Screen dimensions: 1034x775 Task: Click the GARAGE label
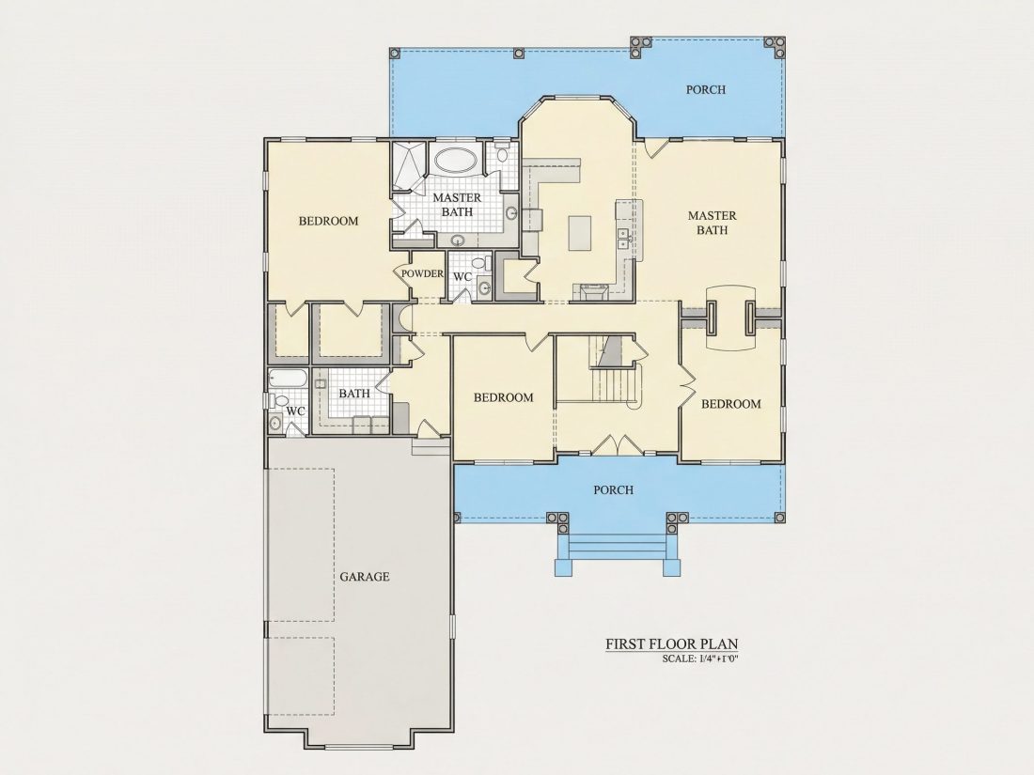(x=365, y=577)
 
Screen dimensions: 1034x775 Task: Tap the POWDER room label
(x=422, y=273)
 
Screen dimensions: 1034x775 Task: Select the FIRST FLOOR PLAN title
(x=672, y=643)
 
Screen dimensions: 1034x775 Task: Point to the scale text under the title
(x=699, y=659)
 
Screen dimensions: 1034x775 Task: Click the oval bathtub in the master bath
(x=456, y=160)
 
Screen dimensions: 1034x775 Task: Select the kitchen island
(x=580, y=233)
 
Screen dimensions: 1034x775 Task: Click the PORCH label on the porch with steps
(x=613, y=490)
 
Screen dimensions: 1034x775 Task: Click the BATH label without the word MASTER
(x=354, y=394)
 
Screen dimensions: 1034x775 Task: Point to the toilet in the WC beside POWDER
(x=479, y=264)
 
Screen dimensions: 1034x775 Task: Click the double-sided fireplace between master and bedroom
(x=730, y=319)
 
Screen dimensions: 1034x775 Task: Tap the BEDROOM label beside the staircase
(x=503, y=397)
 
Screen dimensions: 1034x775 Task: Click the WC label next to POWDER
(x=462, y=277)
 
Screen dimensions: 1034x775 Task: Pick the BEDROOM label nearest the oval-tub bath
(x=328, y=221)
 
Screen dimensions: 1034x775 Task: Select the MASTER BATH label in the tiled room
(x=457, y=205)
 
